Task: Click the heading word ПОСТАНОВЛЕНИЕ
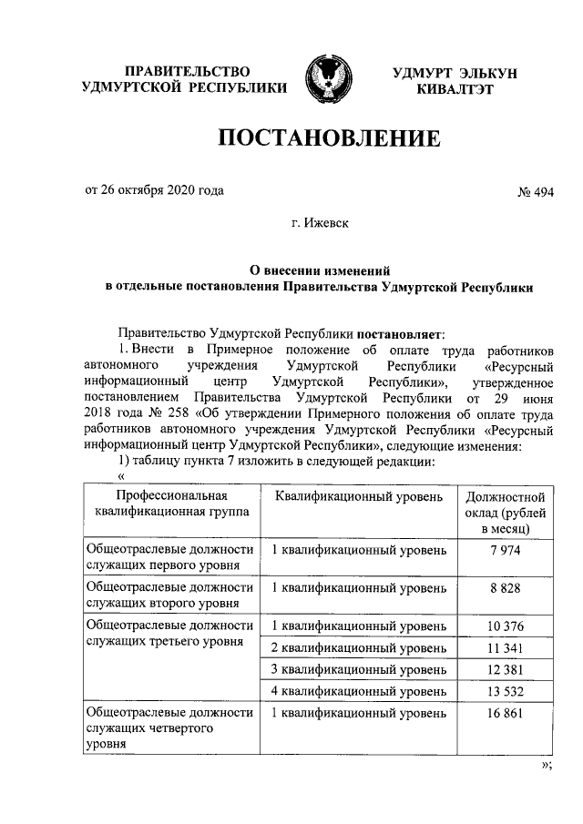pos(327,139)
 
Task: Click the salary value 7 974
pos(504,554)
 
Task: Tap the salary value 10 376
pos(504,626)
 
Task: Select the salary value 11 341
pos(504,648)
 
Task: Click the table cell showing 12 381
pos(504,670)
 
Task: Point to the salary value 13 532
pos(504,692)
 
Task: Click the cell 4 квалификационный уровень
pos(360,692)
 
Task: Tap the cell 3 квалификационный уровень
pos(360,670)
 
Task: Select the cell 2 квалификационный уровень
pos(360,648)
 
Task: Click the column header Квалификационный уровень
pos(359,497)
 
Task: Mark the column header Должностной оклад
pos(505,513)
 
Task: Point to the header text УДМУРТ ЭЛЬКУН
pos(454,72)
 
